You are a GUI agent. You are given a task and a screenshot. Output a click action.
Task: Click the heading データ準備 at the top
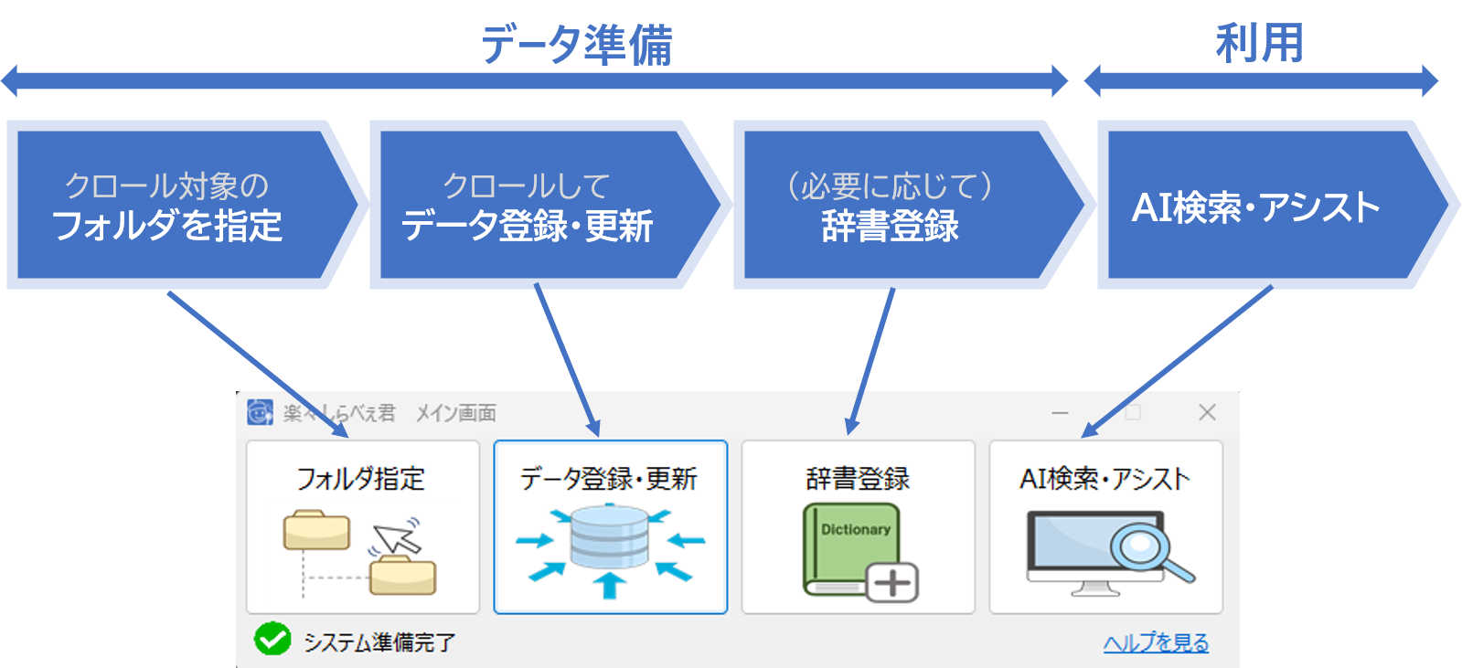(576, 44)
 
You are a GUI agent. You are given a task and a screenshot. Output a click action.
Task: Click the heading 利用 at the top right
(1258, 42)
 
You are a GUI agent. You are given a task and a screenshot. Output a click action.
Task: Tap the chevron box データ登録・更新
(530, 206)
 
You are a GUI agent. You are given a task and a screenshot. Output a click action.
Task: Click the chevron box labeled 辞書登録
(891, 206)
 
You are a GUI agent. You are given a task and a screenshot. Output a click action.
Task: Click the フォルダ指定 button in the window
(362, 526)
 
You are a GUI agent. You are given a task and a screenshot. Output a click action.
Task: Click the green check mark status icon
(272, 640)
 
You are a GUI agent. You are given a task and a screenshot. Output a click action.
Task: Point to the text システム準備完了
(379, 642)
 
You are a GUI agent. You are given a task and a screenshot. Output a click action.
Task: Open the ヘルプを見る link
(1156, 642)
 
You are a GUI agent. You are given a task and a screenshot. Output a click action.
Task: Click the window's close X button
(1207, 412)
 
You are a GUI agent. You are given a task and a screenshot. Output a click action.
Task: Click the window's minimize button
(1060, 413)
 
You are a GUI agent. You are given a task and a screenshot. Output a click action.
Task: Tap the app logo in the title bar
(260, 412)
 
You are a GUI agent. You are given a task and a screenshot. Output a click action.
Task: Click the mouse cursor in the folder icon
(400, 538)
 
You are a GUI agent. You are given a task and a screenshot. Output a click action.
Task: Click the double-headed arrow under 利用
(1260, 80)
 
